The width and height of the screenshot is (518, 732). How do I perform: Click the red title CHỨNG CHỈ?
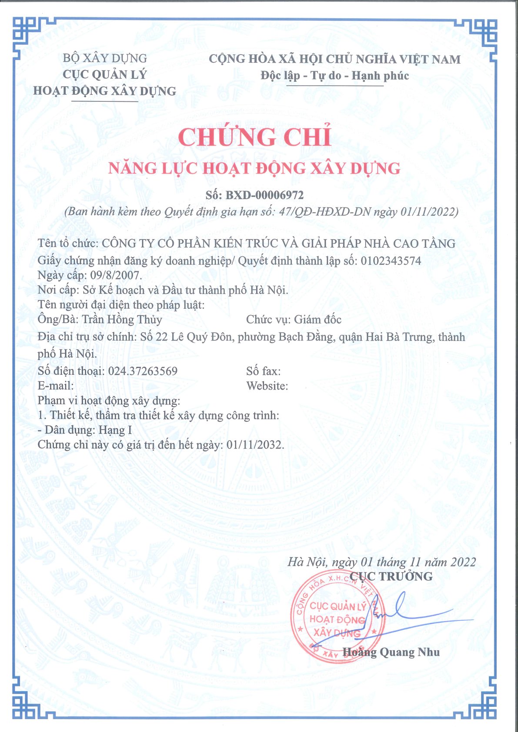pos(254,137)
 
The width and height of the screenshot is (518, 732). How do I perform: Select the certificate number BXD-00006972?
pos(264,195)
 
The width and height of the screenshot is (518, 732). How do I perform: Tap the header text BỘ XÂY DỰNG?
pos(105,58)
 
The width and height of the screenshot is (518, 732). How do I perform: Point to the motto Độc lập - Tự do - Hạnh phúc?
pos(335,76)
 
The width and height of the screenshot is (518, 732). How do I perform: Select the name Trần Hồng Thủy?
pos(122,319)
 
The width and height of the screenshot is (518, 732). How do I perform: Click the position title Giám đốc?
pos(317,319)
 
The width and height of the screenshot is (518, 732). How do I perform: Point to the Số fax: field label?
pos(263,371)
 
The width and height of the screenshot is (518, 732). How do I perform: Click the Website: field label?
pos(267,386)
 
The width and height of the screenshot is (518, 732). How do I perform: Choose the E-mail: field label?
pos(56,386)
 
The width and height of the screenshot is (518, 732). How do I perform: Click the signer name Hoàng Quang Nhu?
pos(391,652)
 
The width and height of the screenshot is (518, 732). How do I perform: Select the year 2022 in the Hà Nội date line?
pos(463,562)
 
